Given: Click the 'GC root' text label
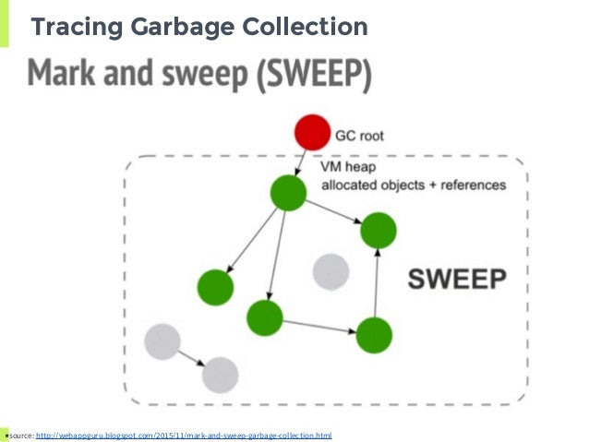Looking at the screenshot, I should click(x=358, y=135).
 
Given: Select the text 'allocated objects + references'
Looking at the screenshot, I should click(x=413, y=185).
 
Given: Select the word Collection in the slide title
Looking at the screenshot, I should click(x=308, y=29).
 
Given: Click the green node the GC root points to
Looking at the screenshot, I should click(x=288, y=194).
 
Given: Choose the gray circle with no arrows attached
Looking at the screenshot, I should click(x=330, y=272).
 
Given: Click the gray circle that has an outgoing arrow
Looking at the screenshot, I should click(x=162, y=340).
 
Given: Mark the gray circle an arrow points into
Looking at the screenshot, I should click(x=220, y=375).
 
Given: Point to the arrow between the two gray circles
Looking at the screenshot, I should click(x=191, y=357).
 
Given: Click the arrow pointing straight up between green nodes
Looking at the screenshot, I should click(x=377, y=281).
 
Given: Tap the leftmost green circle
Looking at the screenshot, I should click(x=214, y=287).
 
